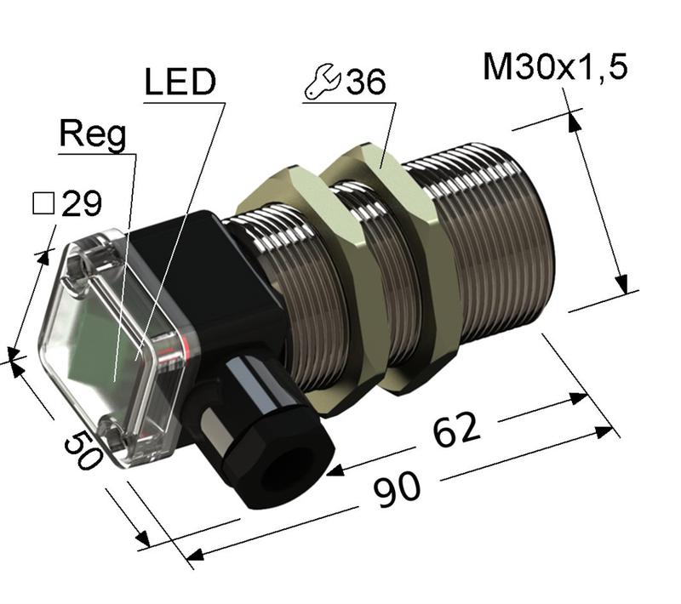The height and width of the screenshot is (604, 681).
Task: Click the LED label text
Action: pyautogui.click(x=180, y=84)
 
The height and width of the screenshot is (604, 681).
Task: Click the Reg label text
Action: pyautogui.click(x=93, y=135)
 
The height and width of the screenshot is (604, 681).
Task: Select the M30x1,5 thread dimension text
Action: pyautogui.click(x=555, y=67)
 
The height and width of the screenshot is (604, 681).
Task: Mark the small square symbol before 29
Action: pyautogui.click(x=43, y=204)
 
